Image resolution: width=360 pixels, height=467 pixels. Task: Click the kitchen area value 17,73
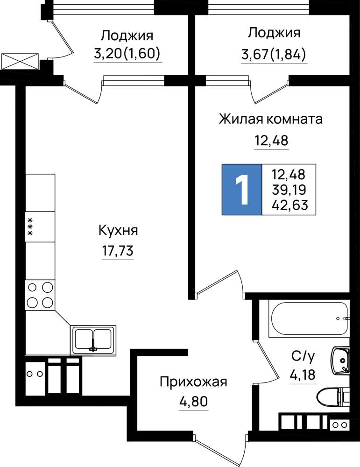pyautogui.click(x=118, y=251)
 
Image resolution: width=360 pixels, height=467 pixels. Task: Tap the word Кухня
pyautogui.click(x=118, y=231)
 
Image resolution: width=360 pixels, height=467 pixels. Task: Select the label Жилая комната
pyautogui.click(x=271, y=119)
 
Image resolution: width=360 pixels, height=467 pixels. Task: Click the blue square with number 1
pyautogui.click(x=242, y=190)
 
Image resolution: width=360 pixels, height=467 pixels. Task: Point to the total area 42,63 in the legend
pyautogui.click(x=289, y=205)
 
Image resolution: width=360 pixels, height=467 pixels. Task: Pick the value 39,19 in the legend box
pyautogui.click(x=289, y=190)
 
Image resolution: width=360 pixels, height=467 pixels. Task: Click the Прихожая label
pyautogui.click(x=193, y=382)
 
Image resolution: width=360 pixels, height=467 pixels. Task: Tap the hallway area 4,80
pyautogui.click(x=194, y=402)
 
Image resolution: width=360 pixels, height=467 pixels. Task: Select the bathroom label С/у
pyautogui.click(x=303, y=356)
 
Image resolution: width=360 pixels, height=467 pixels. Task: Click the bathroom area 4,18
pyautogui.click(x=303, y=375)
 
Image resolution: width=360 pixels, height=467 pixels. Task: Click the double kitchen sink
pyautogui.click(x=93, y=340)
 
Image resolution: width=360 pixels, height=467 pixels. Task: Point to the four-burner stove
pyautogui.click(x=40, y=295)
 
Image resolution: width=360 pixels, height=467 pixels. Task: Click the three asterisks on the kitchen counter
pyautogui.click(x=30, y=227)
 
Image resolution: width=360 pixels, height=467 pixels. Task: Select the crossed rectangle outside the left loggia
pyautogui.click(x=20, y=62)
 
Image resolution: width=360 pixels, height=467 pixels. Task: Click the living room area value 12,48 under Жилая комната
pyautogui.click(x=271, y=140)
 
